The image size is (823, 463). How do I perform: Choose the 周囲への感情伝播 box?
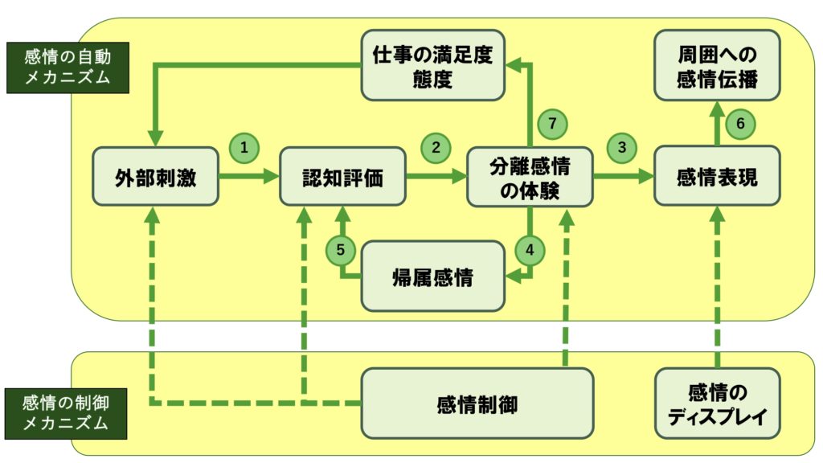[717, 65]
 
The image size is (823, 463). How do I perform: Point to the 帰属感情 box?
[435, 277]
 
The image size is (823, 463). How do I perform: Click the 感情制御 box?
[477, 404]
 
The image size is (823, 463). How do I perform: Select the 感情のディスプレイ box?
[717, 404]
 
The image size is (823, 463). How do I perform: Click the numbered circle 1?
[244, 147]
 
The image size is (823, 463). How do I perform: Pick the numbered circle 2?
[436, 147]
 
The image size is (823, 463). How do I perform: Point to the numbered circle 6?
[741, 123]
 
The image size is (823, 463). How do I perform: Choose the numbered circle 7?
[551, 123]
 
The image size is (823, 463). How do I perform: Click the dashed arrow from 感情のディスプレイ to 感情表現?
[717, 289]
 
